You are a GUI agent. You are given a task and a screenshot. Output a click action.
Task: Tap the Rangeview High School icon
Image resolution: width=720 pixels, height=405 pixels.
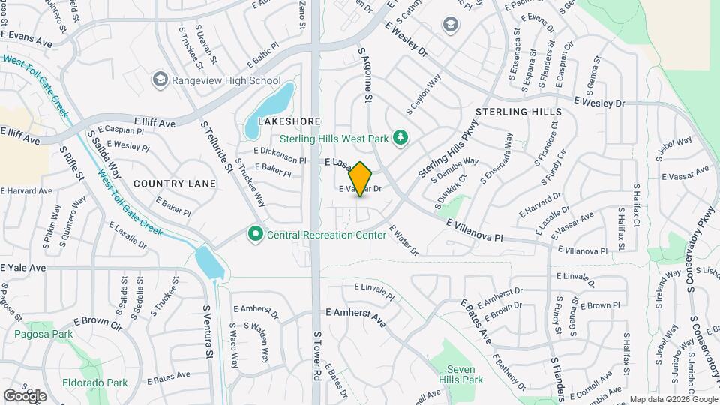[159, 80]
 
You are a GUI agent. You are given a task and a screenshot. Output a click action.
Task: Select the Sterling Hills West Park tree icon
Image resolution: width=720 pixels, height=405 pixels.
[402, 137]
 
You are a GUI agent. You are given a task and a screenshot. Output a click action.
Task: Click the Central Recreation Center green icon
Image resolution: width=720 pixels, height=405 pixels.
[255, 235]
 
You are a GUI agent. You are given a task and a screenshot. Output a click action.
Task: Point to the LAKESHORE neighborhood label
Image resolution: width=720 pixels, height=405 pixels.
[289, 121]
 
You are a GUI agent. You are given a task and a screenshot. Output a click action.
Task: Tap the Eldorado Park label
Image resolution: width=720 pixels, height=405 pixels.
[106, 382]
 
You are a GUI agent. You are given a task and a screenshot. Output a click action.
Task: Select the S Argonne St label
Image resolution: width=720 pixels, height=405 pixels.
[367, 75]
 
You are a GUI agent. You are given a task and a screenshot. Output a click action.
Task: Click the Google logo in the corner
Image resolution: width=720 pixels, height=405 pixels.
[25, 394]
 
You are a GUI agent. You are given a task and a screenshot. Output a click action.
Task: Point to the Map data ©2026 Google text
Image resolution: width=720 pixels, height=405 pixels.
[673, 399]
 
